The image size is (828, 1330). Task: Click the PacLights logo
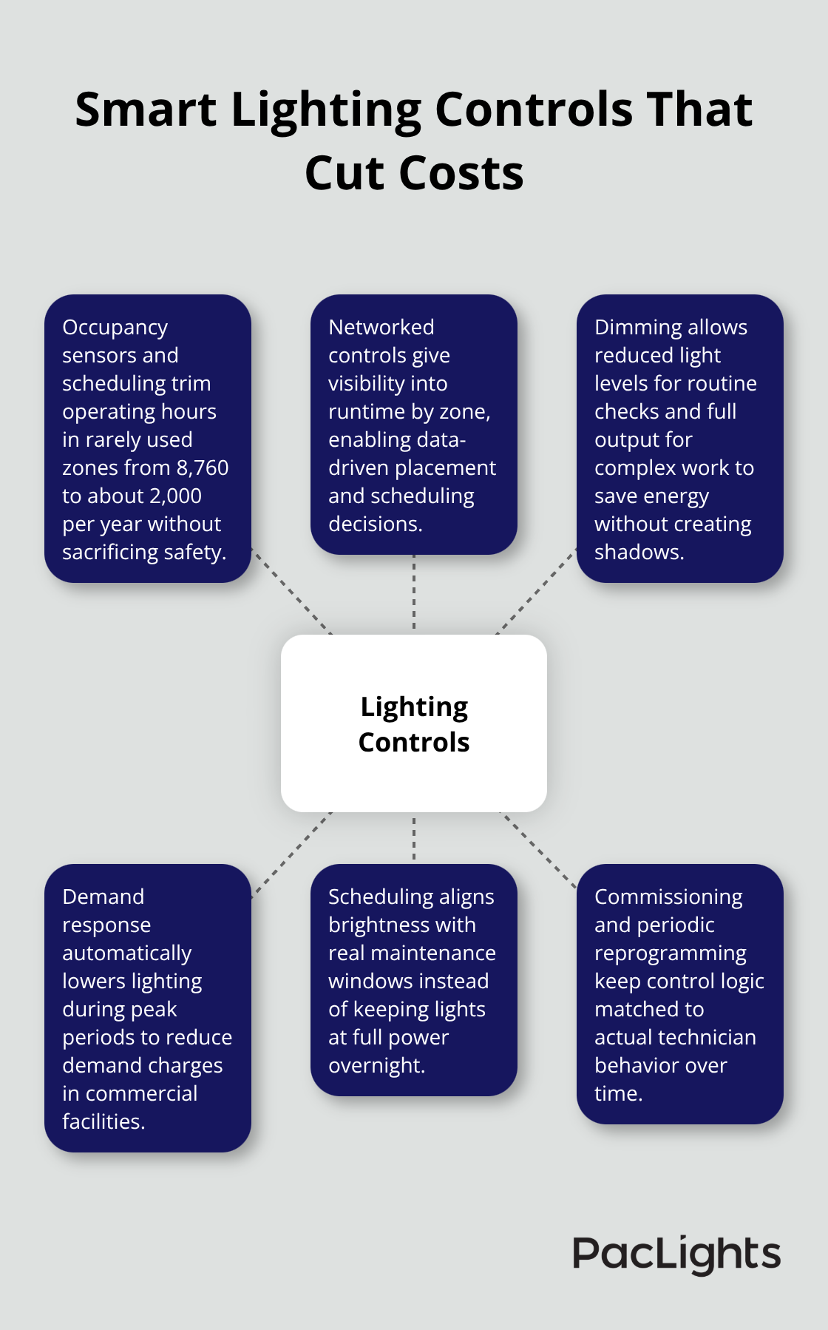point(676,1255)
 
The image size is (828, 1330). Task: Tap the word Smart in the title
point(146,109)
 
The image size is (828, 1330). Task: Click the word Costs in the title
point(461,174)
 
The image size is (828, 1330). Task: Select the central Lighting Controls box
point(414,723)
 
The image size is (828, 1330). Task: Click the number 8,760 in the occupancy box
point(202,467)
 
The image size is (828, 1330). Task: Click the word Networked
point(381,327)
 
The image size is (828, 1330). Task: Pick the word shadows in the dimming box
point(639,552)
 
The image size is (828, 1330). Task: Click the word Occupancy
point(115,328)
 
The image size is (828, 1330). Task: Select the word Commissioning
point(668,897)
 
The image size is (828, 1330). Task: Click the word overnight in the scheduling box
point(376,1065)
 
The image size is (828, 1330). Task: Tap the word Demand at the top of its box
point(103,897)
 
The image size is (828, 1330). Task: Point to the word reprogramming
point(670,953)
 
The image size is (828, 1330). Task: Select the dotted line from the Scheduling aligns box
point(414,838)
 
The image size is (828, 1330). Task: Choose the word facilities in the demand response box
point(103,1121)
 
